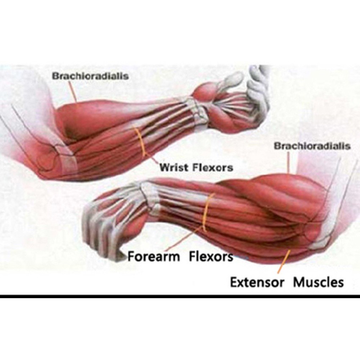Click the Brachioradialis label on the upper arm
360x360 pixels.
click(90, 76)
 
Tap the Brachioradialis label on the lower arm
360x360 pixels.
click(312, 146)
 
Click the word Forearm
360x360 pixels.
click(154, 256)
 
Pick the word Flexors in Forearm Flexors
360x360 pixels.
click(211, 256)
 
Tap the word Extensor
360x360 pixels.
click(257, 282)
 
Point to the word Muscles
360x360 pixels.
click(318, 282)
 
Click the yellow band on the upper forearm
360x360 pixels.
click(140, 142)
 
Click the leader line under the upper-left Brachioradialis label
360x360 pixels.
click(73, 91)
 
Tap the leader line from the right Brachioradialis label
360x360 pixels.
click(289, 162)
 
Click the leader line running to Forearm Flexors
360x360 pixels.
click(185, 238)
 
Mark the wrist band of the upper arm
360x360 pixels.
click(197, 111)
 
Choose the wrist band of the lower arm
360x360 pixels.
click(150, 195)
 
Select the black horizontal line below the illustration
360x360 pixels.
click(180, 296)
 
